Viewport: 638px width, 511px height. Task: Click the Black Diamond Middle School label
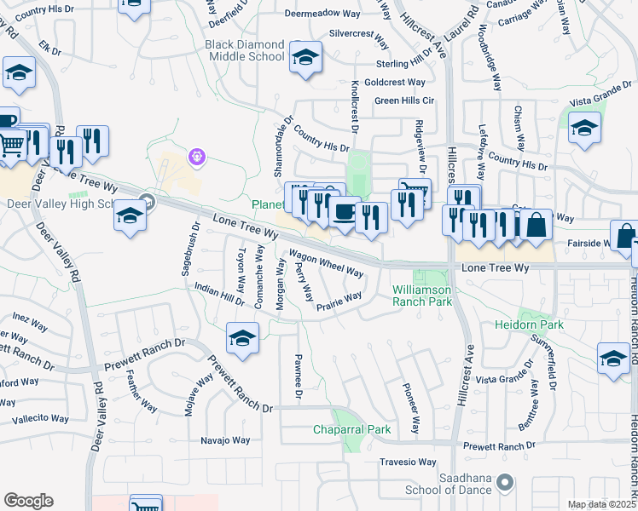(x=244, y=50)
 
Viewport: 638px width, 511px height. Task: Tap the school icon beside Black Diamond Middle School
(x=304, y=58)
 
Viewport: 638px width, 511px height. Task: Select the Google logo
(x=28, y=501)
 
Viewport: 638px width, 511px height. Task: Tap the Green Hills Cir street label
(x=405, y=100)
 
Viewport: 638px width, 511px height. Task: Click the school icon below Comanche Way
(x=242, y=339)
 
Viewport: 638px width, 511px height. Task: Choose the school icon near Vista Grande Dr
(x=584, y=129)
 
